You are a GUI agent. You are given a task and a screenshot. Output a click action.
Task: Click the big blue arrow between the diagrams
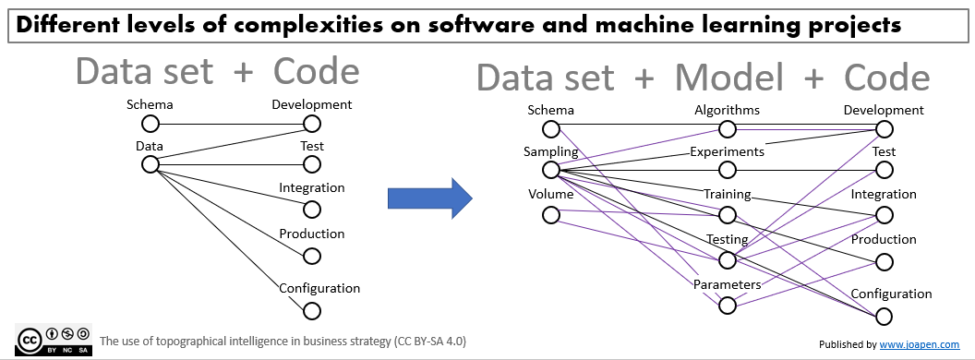pyautogui.click(x=427, y=198)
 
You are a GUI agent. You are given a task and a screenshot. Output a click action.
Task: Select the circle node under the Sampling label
pyautogui.click(x=551, y=170)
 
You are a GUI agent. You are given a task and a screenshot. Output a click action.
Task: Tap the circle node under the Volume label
pyautogui.click(x=551, y=214)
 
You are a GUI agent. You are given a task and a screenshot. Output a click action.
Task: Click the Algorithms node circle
pyautogui.click(x=728, y=126)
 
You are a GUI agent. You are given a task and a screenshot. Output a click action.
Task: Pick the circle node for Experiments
pyautogui.click(x=728, y=170)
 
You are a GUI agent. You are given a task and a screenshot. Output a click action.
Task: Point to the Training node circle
pyautogui.click(x=728, y=215)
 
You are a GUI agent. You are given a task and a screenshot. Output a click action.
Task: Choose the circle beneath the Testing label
pyautogui.click(x=728, y=260)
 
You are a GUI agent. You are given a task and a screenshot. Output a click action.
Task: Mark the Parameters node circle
pyautogui.click(x=728, y=305)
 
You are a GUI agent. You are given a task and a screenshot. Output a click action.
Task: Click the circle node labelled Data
pyautogui.click(x=150, y=164)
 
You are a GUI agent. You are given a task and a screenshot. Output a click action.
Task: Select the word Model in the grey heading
pyautogui.click(x=729, y=78)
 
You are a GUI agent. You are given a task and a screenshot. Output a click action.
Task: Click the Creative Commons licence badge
pyautogui.click(x=54, y=339)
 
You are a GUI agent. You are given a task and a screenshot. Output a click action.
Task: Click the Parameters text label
pyautogui.click(x=727, y=284)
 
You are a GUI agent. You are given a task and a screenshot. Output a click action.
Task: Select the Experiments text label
pyautogui.click(x=727, y=151)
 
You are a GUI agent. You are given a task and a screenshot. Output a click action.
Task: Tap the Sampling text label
pyautogui.click(x=552, y=151)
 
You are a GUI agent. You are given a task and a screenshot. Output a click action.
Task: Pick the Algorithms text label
pyautogui.click(x=727, y=110)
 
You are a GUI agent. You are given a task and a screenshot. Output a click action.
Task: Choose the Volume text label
pyautogui.click(x=550, y=194)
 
